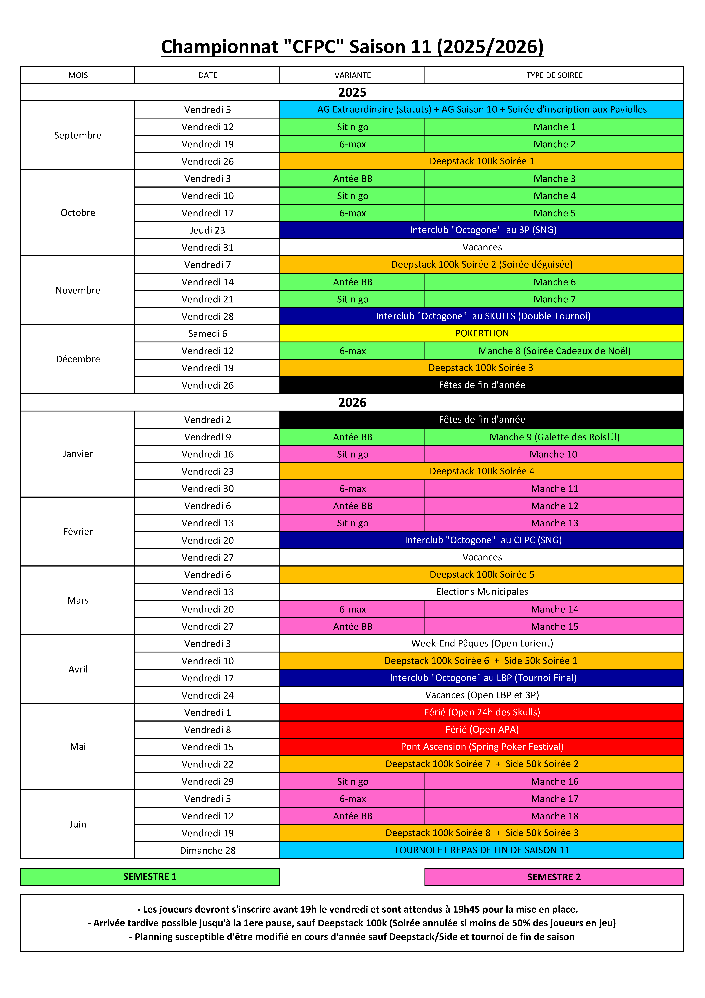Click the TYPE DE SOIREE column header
(x=554, y=75)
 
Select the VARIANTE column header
(x=352, y=75)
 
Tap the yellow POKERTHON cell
(x=482, y=333)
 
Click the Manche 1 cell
(x=554, y=127)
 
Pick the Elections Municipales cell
(x=482, y=592)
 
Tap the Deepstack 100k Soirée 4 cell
(x=482, y=471)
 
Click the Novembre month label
(x=78, y=290)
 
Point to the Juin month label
(x=78, y=824)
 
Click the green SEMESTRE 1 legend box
(x=150, y=877)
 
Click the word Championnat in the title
(x=219, y=47)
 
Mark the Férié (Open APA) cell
(x=482, y=729)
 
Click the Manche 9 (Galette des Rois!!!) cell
(x=554, y=437)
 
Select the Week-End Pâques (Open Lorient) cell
(x=482, y=643)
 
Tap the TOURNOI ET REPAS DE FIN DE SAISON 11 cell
(x=482, y=850)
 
